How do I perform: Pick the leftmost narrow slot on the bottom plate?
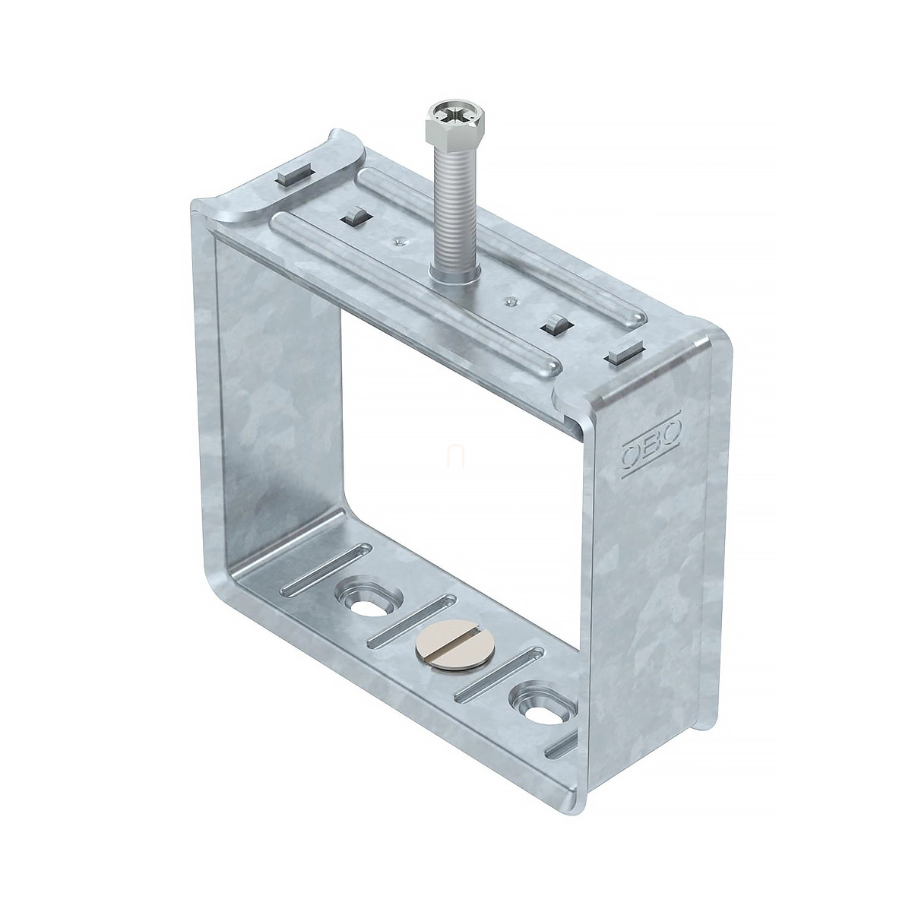point(327,569)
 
